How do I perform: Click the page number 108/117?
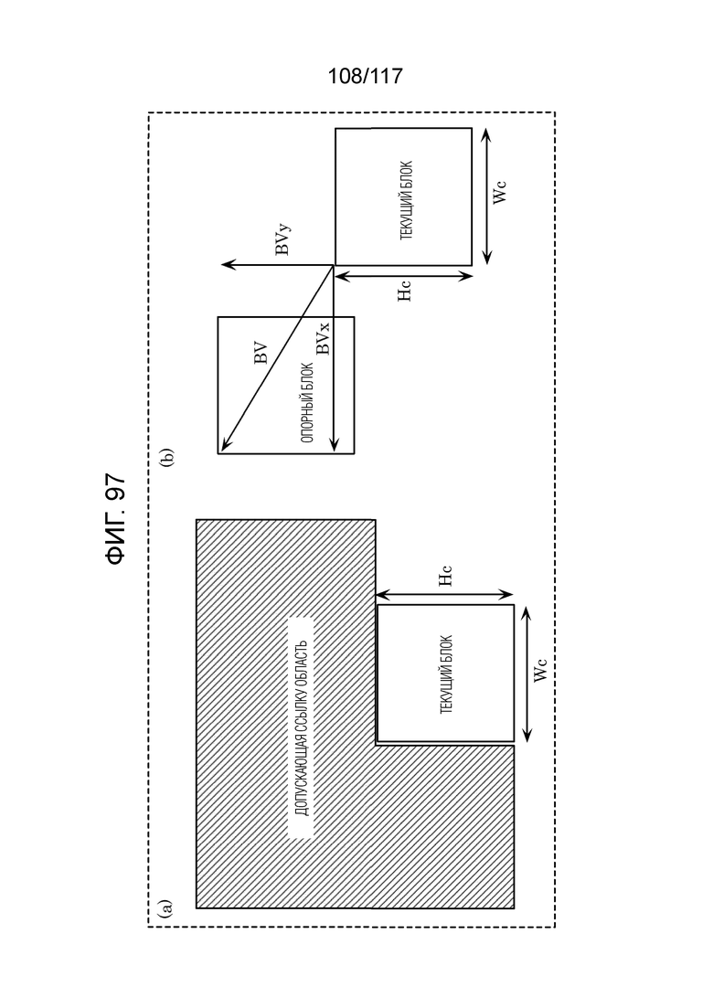(x=365, y=76)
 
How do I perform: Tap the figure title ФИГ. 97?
(x=115, y=519)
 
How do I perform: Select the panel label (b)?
(x=167, y=456)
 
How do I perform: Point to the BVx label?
(x=323, y=338)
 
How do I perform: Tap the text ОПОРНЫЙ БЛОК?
(x=306, y=403)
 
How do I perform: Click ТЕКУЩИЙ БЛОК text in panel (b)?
(x=407, y=200)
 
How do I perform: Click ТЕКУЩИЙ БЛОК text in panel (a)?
(x=446, y=674)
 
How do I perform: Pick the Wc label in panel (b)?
(x=499, y=192)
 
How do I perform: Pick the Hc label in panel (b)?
(x=404, y=290)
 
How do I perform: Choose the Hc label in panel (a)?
(x=445, y=576)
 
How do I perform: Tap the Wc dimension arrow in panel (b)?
(x=486, y=196)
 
